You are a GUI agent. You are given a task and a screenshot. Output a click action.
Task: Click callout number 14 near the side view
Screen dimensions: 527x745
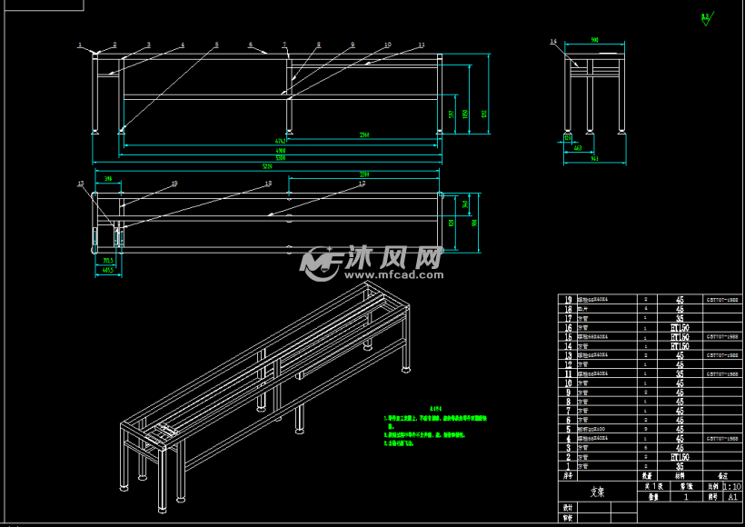click(553, 42)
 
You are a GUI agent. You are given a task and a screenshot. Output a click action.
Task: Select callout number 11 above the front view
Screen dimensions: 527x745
click(422, 45)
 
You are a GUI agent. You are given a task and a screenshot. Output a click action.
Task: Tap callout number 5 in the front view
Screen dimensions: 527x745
click(216, 45)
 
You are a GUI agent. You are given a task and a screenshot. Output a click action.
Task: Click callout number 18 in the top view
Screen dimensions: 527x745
click(268, 184)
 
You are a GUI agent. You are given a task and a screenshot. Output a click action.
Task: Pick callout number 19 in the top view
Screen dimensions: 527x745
click(174, 184)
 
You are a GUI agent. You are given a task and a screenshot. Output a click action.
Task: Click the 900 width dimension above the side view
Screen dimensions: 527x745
click(594, 40)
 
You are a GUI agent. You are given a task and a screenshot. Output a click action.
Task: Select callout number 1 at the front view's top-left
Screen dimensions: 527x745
click(79, 45)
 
